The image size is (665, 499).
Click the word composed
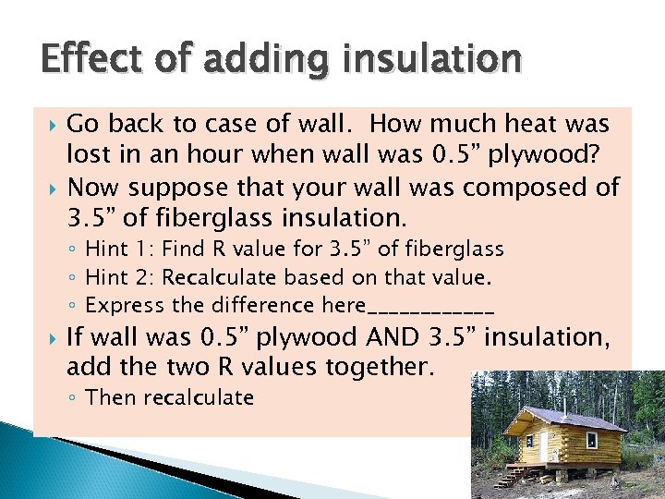pos(509,188)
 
